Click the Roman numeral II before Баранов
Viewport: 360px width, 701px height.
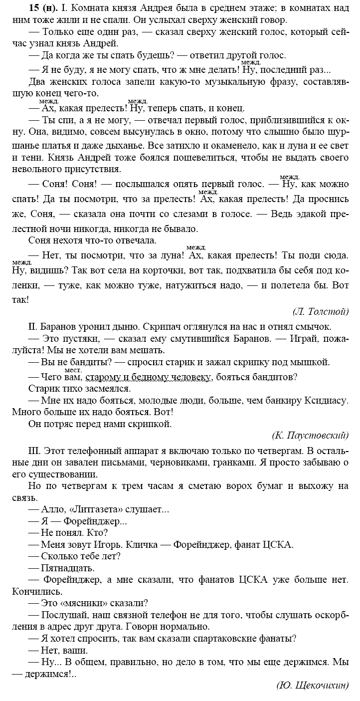pos(33,327)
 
